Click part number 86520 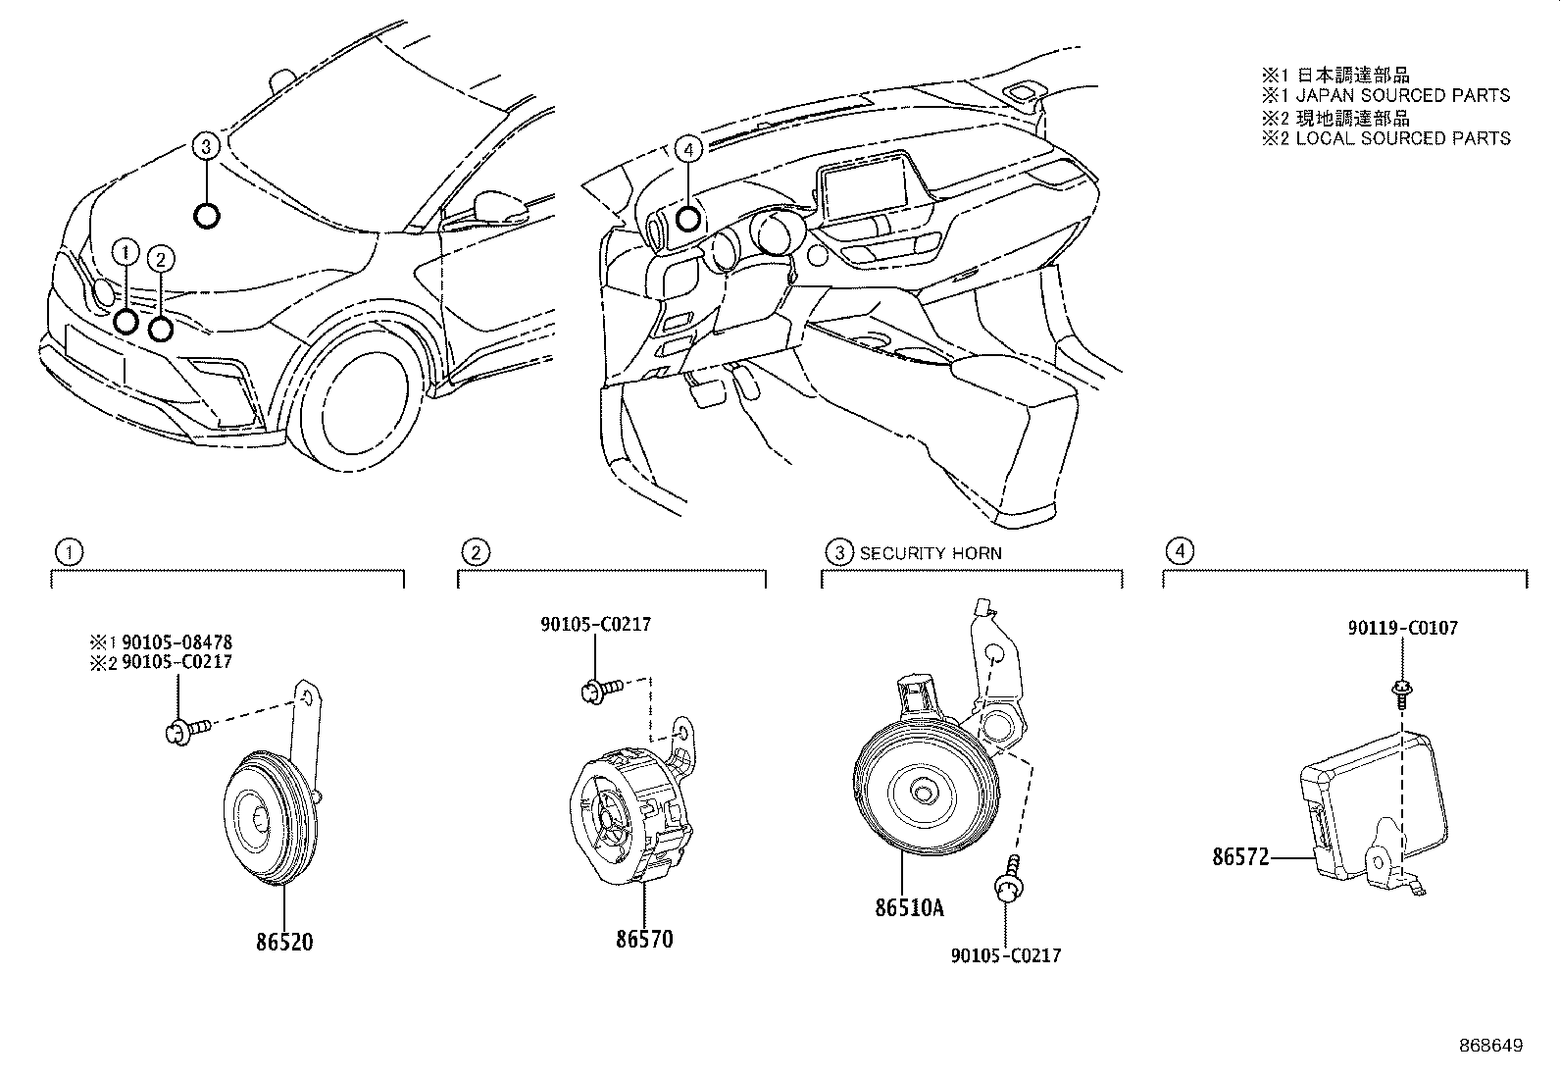click(284, 942)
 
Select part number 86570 click(644, 939)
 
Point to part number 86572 click(1240, 857)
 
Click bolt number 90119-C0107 click(1401, 628)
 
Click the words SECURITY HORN click(931, 553)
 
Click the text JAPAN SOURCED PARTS click(1402, 95)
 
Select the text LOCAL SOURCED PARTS click(1402, 138)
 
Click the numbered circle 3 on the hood click(204, 147)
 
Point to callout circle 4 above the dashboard click(689, 149)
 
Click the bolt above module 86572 click(1401, 693)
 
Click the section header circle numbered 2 click(475, 552)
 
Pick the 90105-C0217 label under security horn click(1005, 954)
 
